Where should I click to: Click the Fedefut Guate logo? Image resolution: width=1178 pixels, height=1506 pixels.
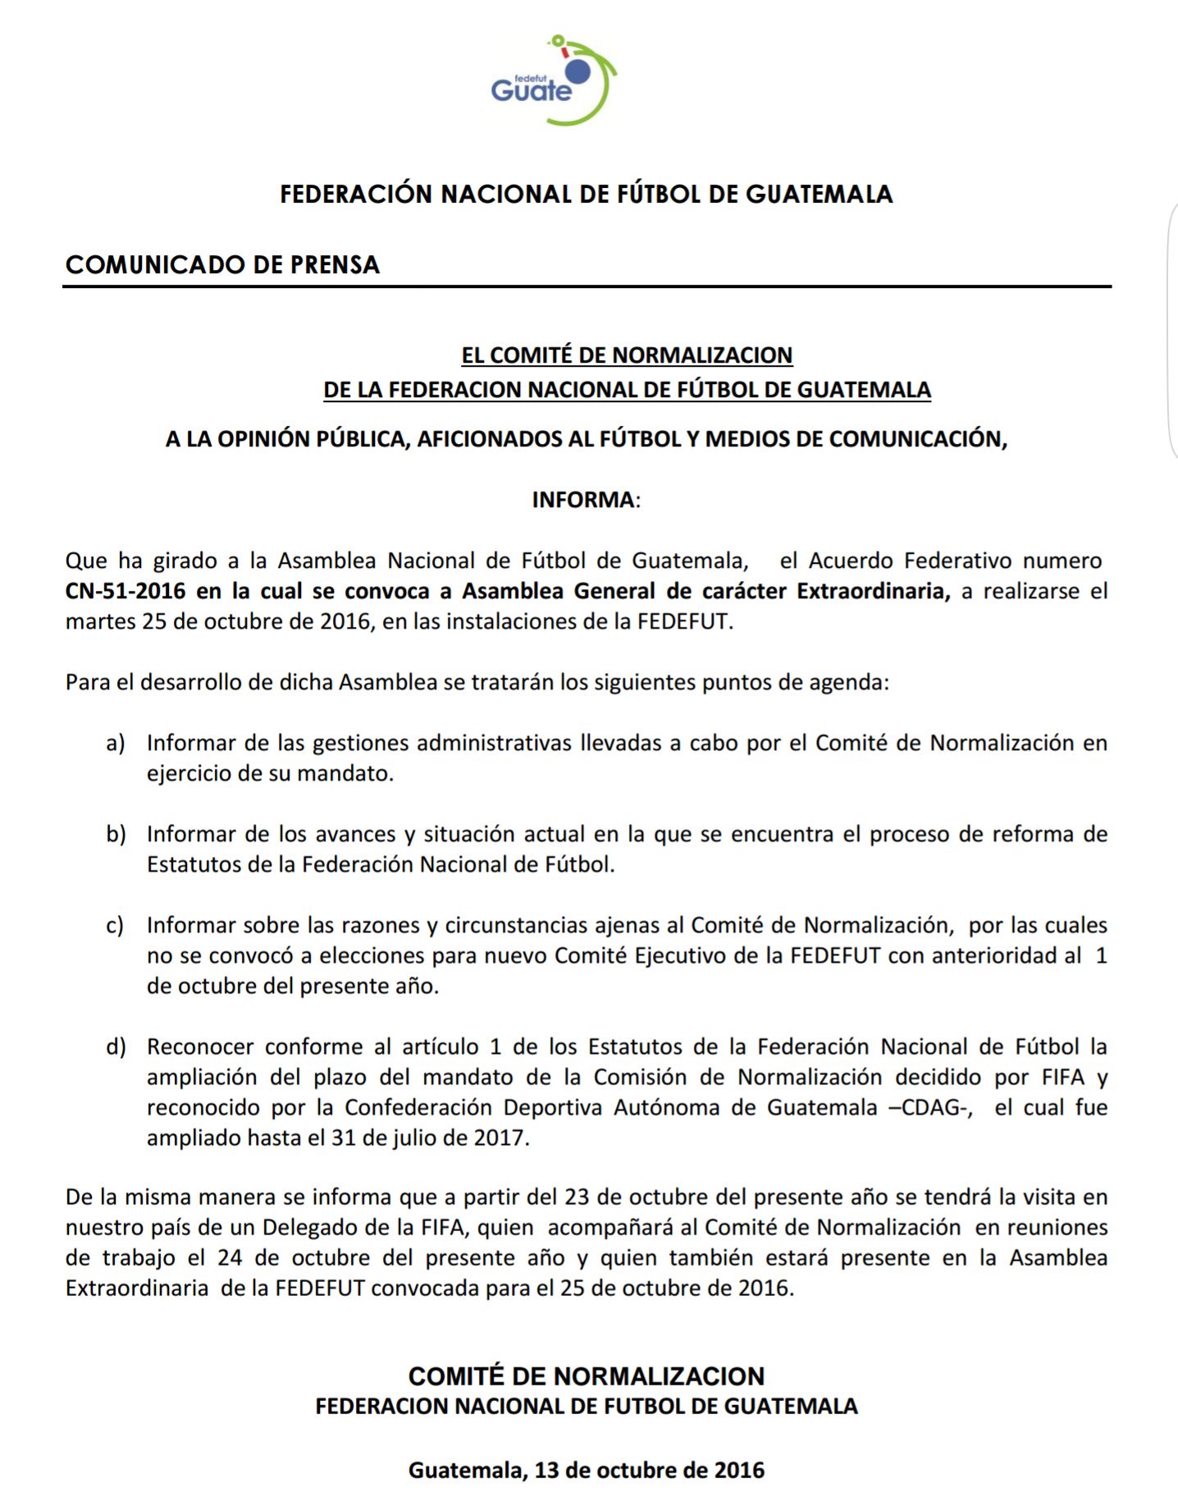(x=553, y=81)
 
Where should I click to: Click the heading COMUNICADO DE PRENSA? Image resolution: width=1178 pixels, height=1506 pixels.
(x=222, y=264)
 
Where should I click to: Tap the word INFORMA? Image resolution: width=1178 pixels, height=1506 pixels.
(x=582, y=500)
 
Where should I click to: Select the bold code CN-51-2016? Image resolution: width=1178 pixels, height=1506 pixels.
(x=126, y=591)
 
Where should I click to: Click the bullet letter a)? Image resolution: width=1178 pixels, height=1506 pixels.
(x=116, y=743)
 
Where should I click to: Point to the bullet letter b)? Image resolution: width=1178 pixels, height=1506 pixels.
(x=116, y=834)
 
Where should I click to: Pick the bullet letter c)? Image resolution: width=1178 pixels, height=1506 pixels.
(x=115, y=925)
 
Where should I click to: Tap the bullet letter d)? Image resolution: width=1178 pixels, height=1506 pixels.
(x=116, y=1046)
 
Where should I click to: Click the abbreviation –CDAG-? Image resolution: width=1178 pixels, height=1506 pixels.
(x=931, y=1107)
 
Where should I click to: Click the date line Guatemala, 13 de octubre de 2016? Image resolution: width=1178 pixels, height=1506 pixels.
(x=587, y=1470)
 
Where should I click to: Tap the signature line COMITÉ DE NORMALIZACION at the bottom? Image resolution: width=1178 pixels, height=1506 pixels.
(x=587, y=1376)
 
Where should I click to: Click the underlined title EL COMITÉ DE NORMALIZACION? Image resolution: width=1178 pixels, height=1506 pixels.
(x=627, y=355)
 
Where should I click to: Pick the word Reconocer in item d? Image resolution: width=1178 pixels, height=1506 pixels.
(x=200, y=1046)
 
